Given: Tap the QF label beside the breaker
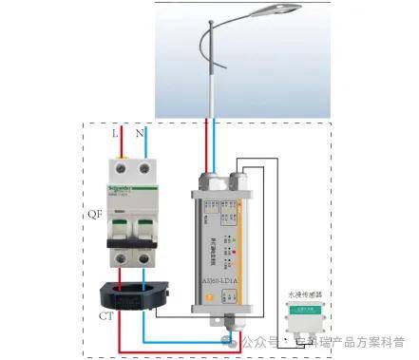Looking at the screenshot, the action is click(x=94, y=215).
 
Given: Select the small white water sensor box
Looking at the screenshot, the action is click(x=307, y=320).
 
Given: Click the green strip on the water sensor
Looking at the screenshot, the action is click(x=307, y=310).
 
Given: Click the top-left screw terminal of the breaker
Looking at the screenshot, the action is click(x=119, y=172).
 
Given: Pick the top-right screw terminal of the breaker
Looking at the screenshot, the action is click(x=143, y=172).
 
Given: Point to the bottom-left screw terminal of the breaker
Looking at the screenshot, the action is click(x=119, y=258).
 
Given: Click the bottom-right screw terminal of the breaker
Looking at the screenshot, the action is click(x=143, y=258).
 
